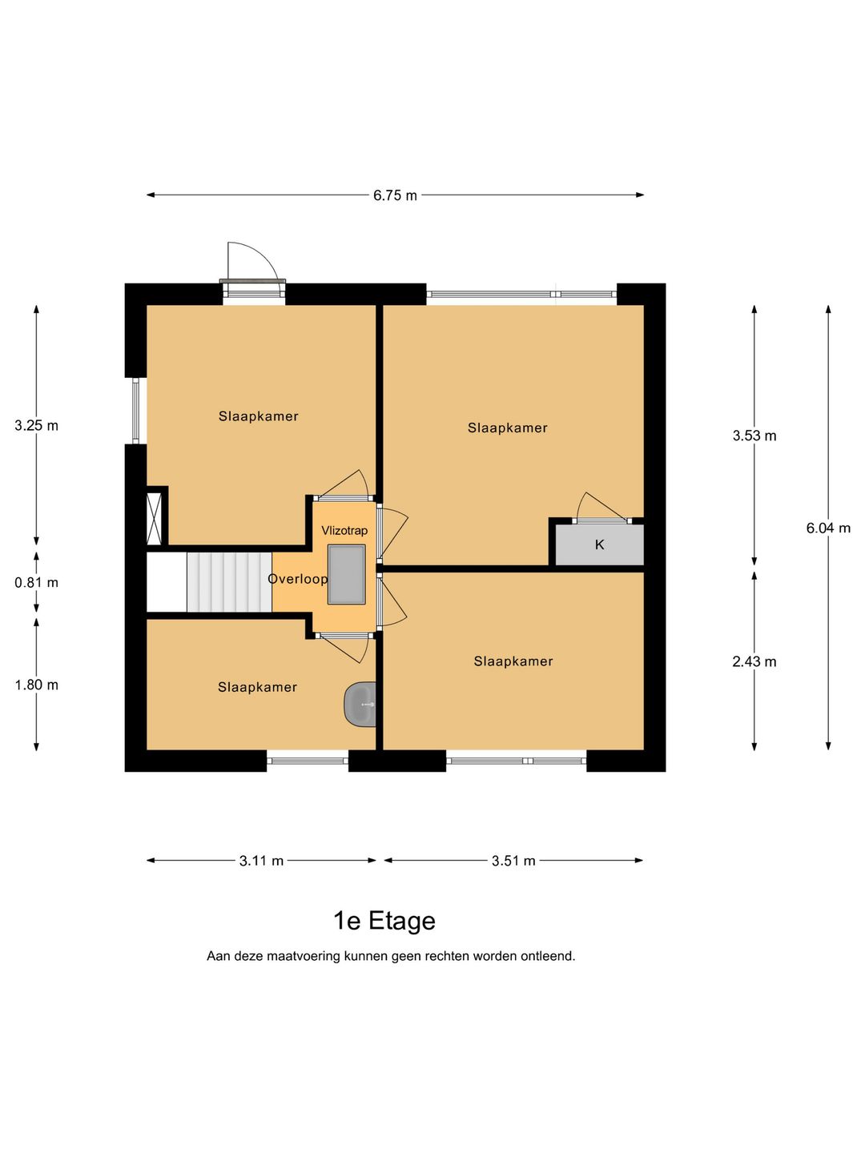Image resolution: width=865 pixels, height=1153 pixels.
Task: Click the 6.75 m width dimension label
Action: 395,195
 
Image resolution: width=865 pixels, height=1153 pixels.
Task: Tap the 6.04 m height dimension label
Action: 828,528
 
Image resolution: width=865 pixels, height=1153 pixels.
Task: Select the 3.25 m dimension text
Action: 36,425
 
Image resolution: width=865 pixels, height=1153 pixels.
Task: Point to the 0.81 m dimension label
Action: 36,583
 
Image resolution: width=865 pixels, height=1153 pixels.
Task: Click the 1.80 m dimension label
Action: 36,685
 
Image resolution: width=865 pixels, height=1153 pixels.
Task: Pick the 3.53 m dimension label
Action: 754,436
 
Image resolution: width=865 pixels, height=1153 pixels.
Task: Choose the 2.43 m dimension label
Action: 754,662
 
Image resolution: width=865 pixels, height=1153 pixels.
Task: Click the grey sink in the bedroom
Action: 360,705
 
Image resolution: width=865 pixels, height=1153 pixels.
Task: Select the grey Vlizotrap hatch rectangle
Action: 347,575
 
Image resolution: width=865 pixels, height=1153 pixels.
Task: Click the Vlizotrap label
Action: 344,531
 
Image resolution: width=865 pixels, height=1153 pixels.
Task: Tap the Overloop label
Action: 298,579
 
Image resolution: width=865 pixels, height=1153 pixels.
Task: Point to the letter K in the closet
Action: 599,544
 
